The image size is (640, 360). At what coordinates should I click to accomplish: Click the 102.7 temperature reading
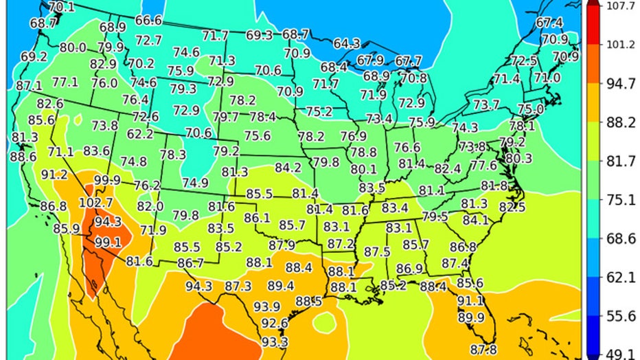[x=96, y=203]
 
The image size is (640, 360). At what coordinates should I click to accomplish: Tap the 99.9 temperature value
[x=107, y=181]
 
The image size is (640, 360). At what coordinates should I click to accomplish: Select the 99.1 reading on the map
[x=108, y=243]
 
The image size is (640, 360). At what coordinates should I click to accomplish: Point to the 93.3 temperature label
[x=275, y=341]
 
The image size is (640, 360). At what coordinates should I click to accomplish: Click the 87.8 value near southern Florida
[x=483, y=350]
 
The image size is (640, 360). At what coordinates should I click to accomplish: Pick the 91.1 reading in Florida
[x=470, y=301]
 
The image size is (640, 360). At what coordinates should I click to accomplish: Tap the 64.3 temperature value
[x=347, y=43]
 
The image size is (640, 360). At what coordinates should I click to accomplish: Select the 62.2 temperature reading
[x=140, y=134]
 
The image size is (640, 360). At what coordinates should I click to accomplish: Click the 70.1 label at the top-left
[x=62, y=7]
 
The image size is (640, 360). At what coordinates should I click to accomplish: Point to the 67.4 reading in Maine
[x=549, y=23]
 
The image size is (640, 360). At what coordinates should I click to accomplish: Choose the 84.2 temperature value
[x=288, y=167]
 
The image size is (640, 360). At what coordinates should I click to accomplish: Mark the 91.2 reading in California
[x=54, y=175]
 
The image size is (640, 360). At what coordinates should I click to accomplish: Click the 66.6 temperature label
[x=148, y=21]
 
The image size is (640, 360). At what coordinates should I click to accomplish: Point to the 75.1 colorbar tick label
[x=614, y=200]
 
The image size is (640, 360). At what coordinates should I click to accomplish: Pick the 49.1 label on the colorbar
[x=614, y=354]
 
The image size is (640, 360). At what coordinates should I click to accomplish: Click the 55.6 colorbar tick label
[x=614, y=316]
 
